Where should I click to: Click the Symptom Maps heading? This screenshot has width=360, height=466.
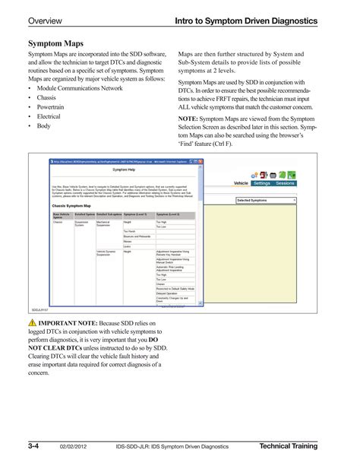[x=56, y=45]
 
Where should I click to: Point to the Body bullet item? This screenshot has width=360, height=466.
[x=45, y=126]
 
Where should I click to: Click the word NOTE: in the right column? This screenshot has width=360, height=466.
[x=188, y=119]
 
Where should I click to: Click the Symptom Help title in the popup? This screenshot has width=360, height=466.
[x=126, y=171]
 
